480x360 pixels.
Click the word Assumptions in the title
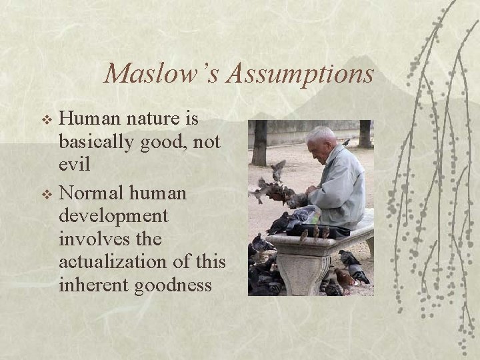coord(300,74)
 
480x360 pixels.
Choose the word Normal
coord(89,194)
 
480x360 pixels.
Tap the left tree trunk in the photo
coord(259,143)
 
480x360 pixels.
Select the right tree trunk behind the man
coord(365,133)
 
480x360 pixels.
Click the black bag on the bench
coord(327,231)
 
